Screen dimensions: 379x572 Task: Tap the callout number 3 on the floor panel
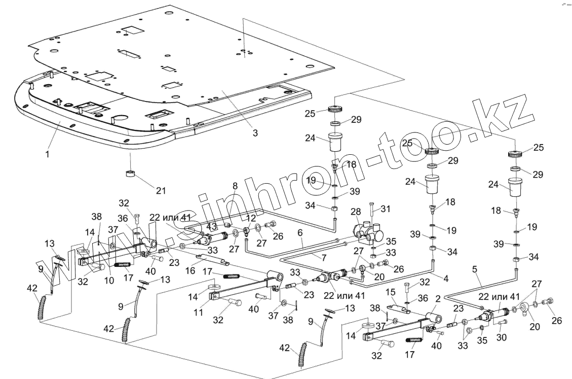click(255, 133)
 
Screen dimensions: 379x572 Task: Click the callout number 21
click(160, 191)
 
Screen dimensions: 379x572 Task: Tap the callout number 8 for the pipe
click(235, 186)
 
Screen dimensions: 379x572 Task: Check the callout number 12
click(251, 218)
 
